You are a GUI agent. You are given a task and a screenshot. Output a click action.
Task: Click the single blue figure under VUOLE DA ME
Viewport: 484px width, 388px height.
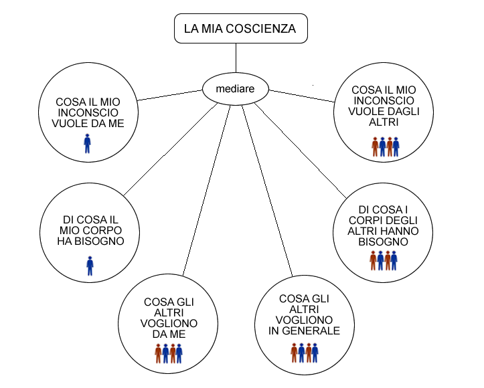(x=87, y=143)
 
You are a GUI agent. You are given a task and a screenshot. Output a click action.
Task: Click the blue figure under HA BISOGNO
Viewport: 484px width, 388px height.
(x=90, y=266)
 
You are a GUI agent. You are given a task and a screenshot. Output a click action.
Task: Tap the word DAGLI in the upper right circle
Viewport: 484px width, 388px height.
(x=400, y=111)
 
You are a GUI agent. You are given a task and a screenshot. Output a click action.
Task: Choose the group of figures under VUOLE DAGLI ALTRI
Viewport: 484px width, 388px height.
(x=385, y=147)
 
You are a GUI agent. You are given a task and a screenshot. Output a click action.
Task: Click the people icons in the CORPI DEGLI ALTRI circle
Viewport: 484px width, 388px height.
(x=384, y=261)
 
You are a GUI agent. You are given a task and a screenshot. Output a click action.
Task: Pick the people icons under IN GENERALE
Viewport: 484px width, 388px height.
(x=304, y=352)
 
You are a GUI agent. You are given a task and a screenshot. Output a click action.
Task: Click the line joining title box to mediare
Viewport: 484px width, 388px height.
(x=236, y=59)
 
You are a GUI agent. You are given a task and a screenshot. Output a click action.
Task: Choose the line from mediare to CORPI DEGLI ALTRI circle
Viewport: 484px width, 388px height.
(x=301, y=147)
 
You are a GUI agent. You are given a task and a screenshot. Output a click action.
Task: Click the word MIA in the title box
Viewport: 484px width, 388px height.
(x=211, y=29)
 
